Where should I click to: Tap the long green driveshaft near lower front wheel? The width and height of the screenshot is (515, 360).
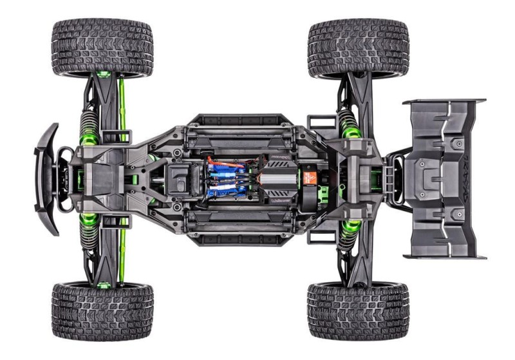(x=120, y=254)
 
